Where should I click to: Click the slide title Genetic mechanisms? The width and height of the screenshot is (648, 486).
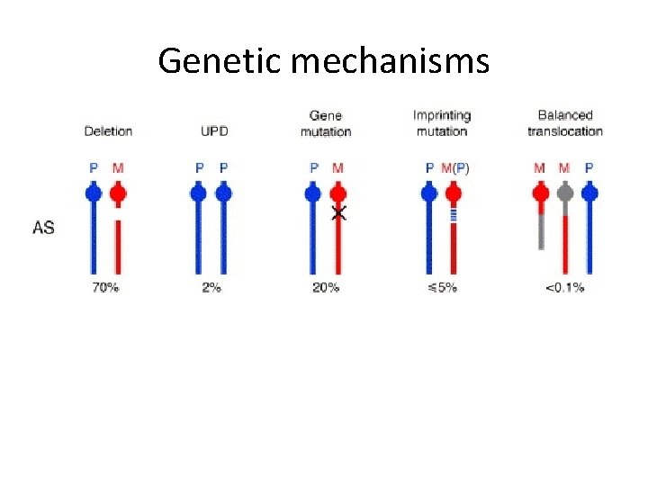pos(323,61)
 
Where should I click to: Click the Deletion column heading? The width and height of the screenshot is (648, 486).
pos(108,130)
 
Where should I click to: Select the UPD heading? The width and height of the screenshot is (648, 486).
pos(214,130)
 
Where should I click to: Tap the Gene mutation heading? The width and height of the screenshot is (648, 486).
pos(325,123)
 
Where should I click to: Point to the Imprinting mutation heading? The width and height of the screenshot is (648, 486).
pos(441,123)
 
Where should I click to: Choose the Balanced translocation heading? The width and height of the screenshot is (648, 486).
pos(564,123)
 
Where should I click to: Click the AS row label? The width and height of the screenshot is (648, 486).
pos(43,227)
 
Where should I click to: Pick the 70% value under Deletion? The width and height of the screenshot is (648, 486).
pos(106,288)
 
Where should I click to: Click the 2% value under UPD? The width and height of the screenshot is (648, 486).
pos(211,288)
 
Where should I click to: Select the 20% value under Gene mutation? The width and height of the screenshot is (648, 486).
pos(326,288)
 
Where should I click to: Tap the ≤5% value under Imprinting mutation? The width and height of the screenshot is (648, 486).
pos(441,288)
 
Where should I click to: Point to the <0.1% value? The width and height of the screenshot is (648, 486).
pos(564,288)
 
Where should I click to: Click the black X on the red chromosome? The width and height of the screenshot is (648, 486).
pos(338,213)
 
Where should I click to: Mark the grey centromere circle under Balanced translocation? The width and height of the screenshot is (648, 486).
pos(564,193)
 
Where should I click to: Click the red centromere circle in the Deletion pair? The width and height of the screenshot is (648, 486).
pos(118,193)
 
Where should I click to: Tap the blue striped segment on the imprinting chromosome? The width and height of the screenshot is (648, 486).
pos(454,214)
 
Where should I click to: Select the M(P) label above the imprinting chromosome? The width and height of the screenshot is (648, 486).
pos(454,167)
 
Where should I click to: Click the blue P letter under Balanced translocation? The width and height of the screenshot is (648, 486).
pos(589,167)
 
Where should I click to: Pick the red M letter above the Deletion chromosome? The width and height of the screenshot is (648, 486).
pos(118,167)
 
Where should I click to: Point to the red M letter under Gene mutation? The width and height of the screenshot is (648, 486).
pos(338,167)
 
